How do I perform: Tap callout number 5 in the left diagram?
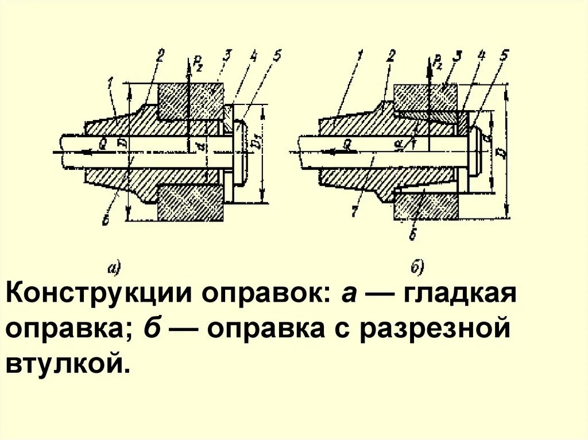[277, 56]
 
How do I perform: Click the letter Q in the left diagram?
[102, 145]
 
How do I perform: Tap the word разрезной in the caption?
[435, 330]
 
